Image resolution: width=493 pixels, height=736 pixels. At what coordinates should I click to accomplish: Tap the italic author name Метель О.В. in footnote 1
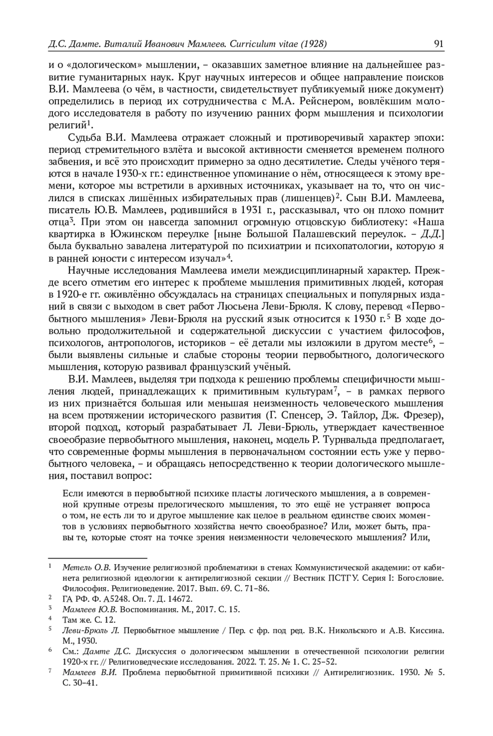pos(86,568)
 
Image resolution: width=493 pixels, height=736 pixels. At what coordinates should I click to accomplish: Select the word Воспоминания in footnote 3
pos(147,609)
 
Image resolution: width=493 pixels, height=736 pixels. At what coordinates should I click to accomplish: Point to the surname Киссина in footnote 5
pos(427,630)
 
